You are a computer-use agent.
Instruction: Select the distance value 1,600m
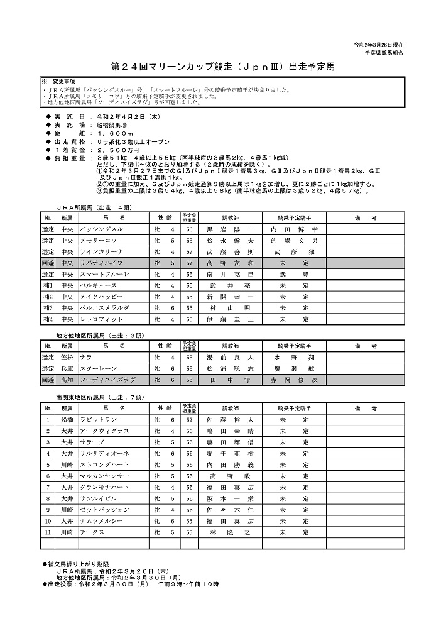116,133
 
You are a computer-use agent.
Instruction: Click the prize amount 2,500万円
117,151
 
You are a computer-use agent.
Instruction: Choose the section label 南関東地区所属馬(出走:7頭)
101,397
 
